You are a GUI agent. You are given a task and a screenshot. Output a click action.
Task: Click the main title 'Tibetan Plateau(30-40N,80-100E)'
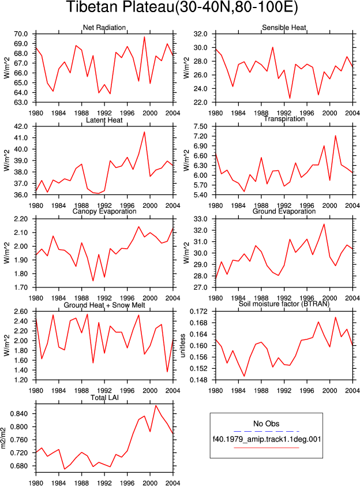182,7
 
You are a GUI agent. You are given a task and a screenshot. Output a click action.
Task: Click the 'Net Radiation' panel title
104,28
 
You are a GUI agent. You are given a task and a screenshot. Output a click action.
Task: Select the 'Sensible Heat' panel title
284,28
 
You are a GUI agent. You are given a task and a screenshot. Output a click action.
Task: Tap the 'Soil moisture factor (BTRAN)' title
284,304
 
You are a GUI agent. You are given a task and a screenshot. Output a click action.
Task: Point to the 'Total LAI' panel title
105,398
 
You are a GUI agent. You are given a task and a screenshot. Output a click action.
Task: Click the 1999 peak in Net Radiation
144,37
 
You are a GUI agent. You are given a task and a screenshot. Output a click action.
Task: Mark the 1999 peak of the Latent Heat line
144,132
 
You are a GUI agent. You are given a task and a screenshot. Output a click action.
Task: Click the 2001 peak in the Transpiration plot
336,136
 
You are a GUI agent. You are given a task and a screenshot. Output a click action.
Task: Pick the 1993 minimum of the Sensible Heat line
290,98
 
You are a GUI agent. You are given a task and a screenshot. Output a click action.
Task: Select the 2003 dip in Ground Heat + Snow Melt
167,372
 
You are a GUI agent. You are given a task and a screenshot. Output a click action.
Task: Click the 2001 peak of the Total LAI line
156,405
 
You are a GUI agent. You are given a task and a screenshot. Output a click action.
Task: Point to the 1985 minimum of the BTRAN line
244,376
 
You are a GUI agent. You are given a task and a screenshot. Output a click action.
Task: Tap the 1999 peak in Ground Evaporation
324,224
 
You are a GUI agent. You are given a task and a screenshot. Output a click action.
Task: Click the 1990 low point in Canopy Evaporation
93,281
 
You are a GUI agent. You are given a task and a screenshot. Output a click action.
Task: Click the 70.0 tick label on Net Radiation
21,34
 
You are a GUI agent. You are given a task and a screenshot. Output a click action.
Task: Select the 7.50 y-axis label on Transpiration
200,126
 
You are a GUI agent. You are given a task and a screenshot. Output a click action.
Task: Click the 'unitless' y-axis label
182,346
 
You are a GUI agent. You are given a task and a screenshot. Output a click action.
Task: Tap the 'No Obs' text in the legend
266,424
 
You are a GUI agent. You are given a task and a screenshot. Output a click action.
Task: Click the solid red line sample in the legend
267,447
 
